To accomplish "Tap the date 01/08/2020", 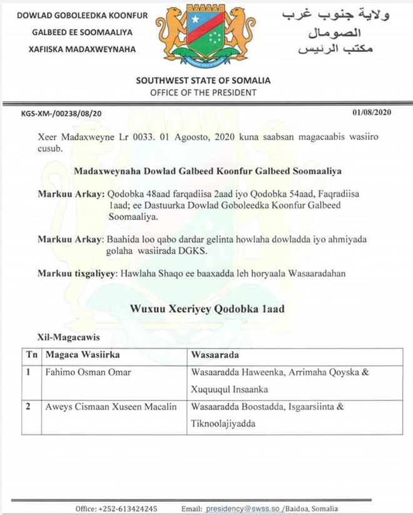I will [x=372, y=113].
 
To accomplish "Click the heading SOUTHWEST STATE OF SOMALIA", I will [x=203, y=80].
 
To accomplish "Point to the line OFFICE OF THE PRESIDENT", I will [x=203, y=92].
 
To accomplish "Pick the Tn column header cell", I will [x=31, y=355].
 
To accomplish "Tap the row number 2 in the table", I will [x=28, y=407].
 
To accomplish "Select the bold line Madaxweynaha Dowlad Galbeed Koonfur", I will [x=203, y=171].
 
